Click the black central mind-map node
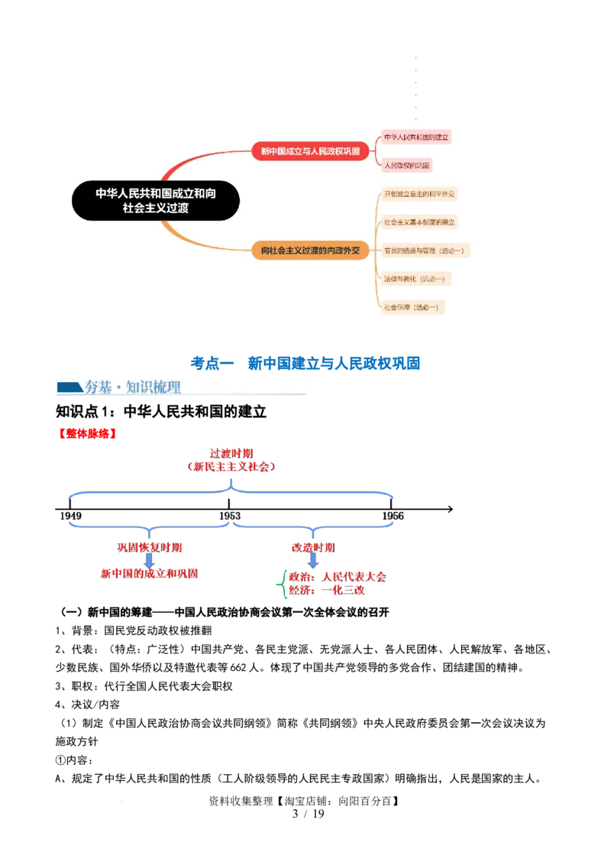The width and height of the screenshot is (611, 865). coord(156,200)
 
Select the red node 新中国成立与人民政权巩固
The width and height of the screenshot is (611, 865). coord(310,151)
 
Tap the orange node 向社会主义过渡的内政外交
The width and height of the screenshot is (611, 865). coord(310,250)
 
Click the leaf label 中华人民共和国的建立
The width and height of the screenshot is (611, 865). coord(416,137)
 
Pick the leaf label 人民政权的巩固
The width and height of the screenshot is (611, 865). coord(408,165)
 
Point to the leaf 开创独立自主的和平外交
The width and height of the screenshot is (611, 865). coord(419,194)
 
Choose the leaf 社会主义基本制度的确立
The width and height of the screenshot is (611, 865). coord(420,222)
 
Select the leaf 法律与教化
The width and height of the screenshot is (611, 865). coord(416,278)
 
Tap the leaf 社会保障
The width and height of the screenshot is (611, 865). coord(413,306)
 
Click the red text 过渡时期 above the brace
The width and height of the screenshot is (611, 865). coord(231,453)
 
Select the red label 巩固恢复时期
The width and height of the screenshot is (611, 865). coord(149,547)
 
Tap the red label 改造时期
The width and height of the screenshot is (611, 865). coord(312,547)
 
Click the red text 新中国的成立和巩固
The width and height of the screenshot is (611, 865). coord(149,573)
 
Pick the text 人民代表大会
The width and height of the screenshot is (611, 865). coord(354,576)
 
